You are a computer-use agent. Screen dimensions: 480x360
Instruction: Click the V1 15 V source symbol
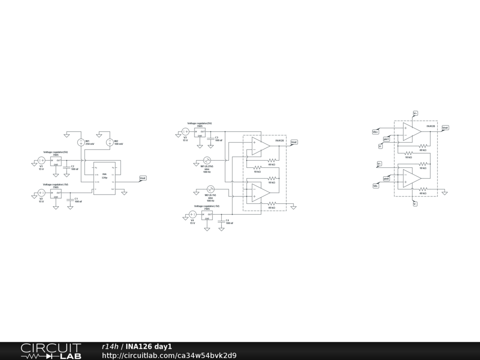point(41,161)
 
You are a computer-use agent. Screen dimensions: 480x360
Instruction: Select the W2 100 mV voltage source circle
point(110,142)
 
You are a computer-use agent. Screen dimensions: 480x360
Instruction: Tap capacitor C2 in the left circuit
point(67,167)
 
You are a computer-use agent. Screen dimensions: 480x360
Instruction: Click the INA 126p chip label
point(105,176)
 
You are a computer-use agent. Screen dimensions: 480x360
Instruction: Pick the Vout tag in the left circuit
point(143,178)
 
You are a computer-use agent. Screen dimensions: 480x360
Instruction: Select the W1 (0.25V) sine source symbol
point(207,161)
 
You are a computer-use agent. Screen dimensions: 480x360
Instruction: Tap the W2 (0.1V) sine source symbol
point(210,189)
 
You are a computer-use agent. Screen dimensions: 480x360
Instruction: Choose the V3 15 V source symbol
point(185,132)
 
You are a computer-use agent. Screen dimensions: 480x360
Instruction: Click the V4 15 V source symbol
point(192,215)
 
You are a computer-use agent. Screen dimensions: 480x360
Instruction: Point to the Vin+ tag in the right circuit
point(375,132)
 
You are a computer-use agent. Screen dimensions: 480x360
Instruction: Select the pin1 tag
point(386,139)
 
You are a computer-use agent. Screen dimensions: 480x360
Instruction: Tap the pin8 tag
point(386,179)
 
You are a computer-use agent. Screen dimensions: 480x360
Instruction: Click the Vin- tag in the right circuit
point(375,186)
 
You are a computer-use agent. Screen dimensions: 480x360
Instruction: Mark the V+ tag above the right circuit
point(415,113)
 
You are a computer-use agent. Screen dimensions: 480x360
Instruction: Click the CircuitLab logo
point(51,351)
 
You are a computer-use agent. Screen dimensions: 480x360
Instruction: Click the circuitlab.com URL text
point(169,355)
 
